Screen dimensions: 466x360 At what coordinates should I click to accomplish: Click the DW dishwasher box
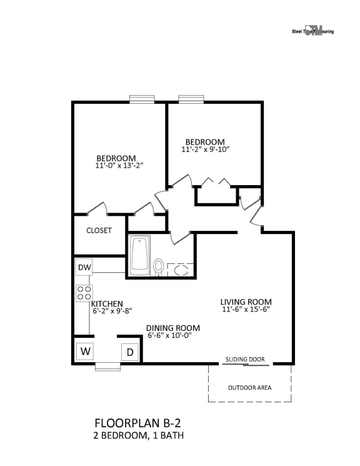click(x=84, y=268)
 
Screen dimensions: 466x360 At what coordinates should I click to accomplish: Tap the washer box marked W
click(x=85, y=352)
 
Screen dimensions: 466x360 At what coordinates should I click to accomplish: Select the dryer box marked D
click(x=130, y=352)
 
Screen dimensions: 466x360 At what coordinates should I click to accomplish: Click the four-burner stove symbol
click(x=84, y=293)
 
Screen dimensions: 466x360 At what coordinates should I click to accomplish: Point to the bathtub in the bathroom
click(x=140, y=255)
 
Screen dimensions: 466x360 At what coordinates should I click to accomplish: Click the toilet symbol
click(x=158, y=267)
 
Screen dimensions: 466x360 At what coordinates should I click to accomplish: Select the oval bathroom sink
click(x=181, y=270)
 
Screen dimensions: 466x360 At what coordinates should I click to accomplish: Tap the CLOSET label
click(x=99, y=230)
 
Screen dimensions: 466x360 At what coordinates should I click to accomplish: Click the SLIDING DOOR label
click(x=245, y=360)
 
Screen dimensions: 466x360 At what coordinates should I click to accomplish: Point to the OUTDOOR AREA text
click(x=249, y=388)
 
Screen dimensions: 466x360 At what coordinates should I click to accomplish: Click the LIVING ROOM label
click(x=246, y=302)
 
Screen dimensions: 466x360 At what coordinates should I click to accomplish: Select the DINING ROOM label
click(x=173, y=328)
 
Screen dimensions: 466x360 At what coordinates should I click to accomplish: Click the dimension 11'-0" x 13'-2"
click(x=116, y=166)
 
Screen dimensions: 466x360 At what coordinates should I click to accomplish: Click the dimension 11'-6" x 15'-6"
click(x=246, y=310)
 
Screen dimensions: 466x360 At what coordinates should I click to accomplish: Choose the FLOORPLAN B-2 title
click(x=139, y=422)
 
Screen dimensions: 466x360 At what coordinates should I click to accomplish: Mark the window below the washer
click(x=107, y=367)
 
